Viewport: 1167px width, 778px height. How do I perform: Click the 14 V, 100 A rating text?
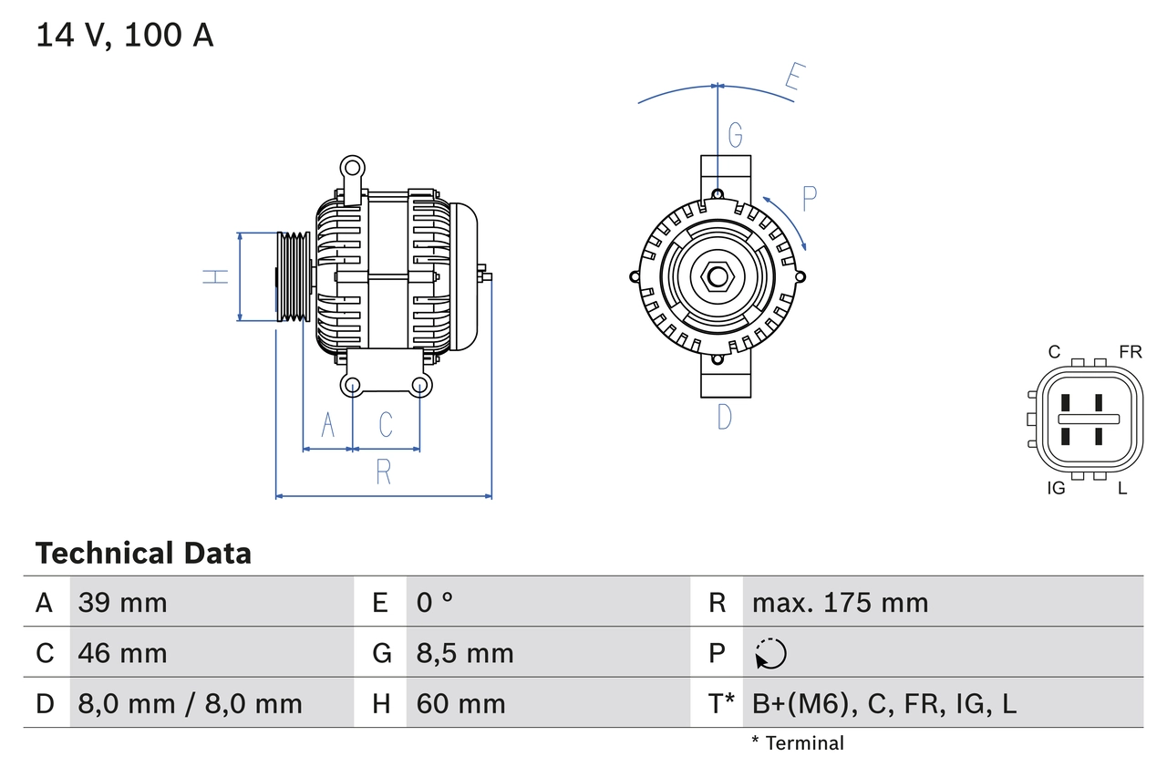click(125, 36)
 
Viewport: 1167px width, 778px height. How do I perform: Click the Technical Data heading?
click(143, 553)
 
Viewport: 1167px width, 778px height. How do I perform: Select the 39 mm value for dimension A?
click(122, 602)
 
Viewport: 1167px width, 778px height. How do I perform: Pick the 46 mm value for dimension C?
click(122, 653)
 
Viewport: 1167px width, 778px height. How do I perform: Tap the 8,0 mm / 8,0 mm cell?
click(190, 703)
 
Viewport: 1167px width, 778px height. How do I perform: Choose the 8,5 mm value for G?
click(465, 653)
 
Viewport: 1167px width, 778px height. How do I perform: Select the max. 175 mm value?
click(840, 602)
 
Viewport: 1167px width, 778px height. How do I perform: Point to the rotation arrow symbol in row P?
click(770, 653)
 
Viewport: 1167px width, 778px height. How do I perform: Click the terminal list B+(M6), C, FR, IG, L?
click(883, 703)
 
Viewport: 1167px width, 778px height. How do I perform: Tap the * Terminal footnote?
click(798, 743)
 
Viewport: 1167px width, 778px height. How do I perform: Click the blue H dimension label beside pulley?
click(216, 276)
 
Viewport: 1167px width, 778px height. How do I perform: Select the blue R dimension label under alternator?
click(384, 472)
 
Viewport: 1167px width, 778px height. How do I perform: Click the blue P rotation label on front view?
click(809, 198)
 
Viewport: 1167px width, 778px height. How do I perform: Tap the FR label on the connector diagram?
click(1130, 352)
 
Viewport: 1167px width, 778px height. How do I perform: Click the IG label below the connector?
click(1056, 488)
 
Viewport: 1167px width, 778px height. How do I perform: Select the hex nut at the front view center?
click(718, 276)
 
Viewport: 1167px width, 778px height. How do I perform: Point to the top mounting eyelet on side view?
click(351, 167)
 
